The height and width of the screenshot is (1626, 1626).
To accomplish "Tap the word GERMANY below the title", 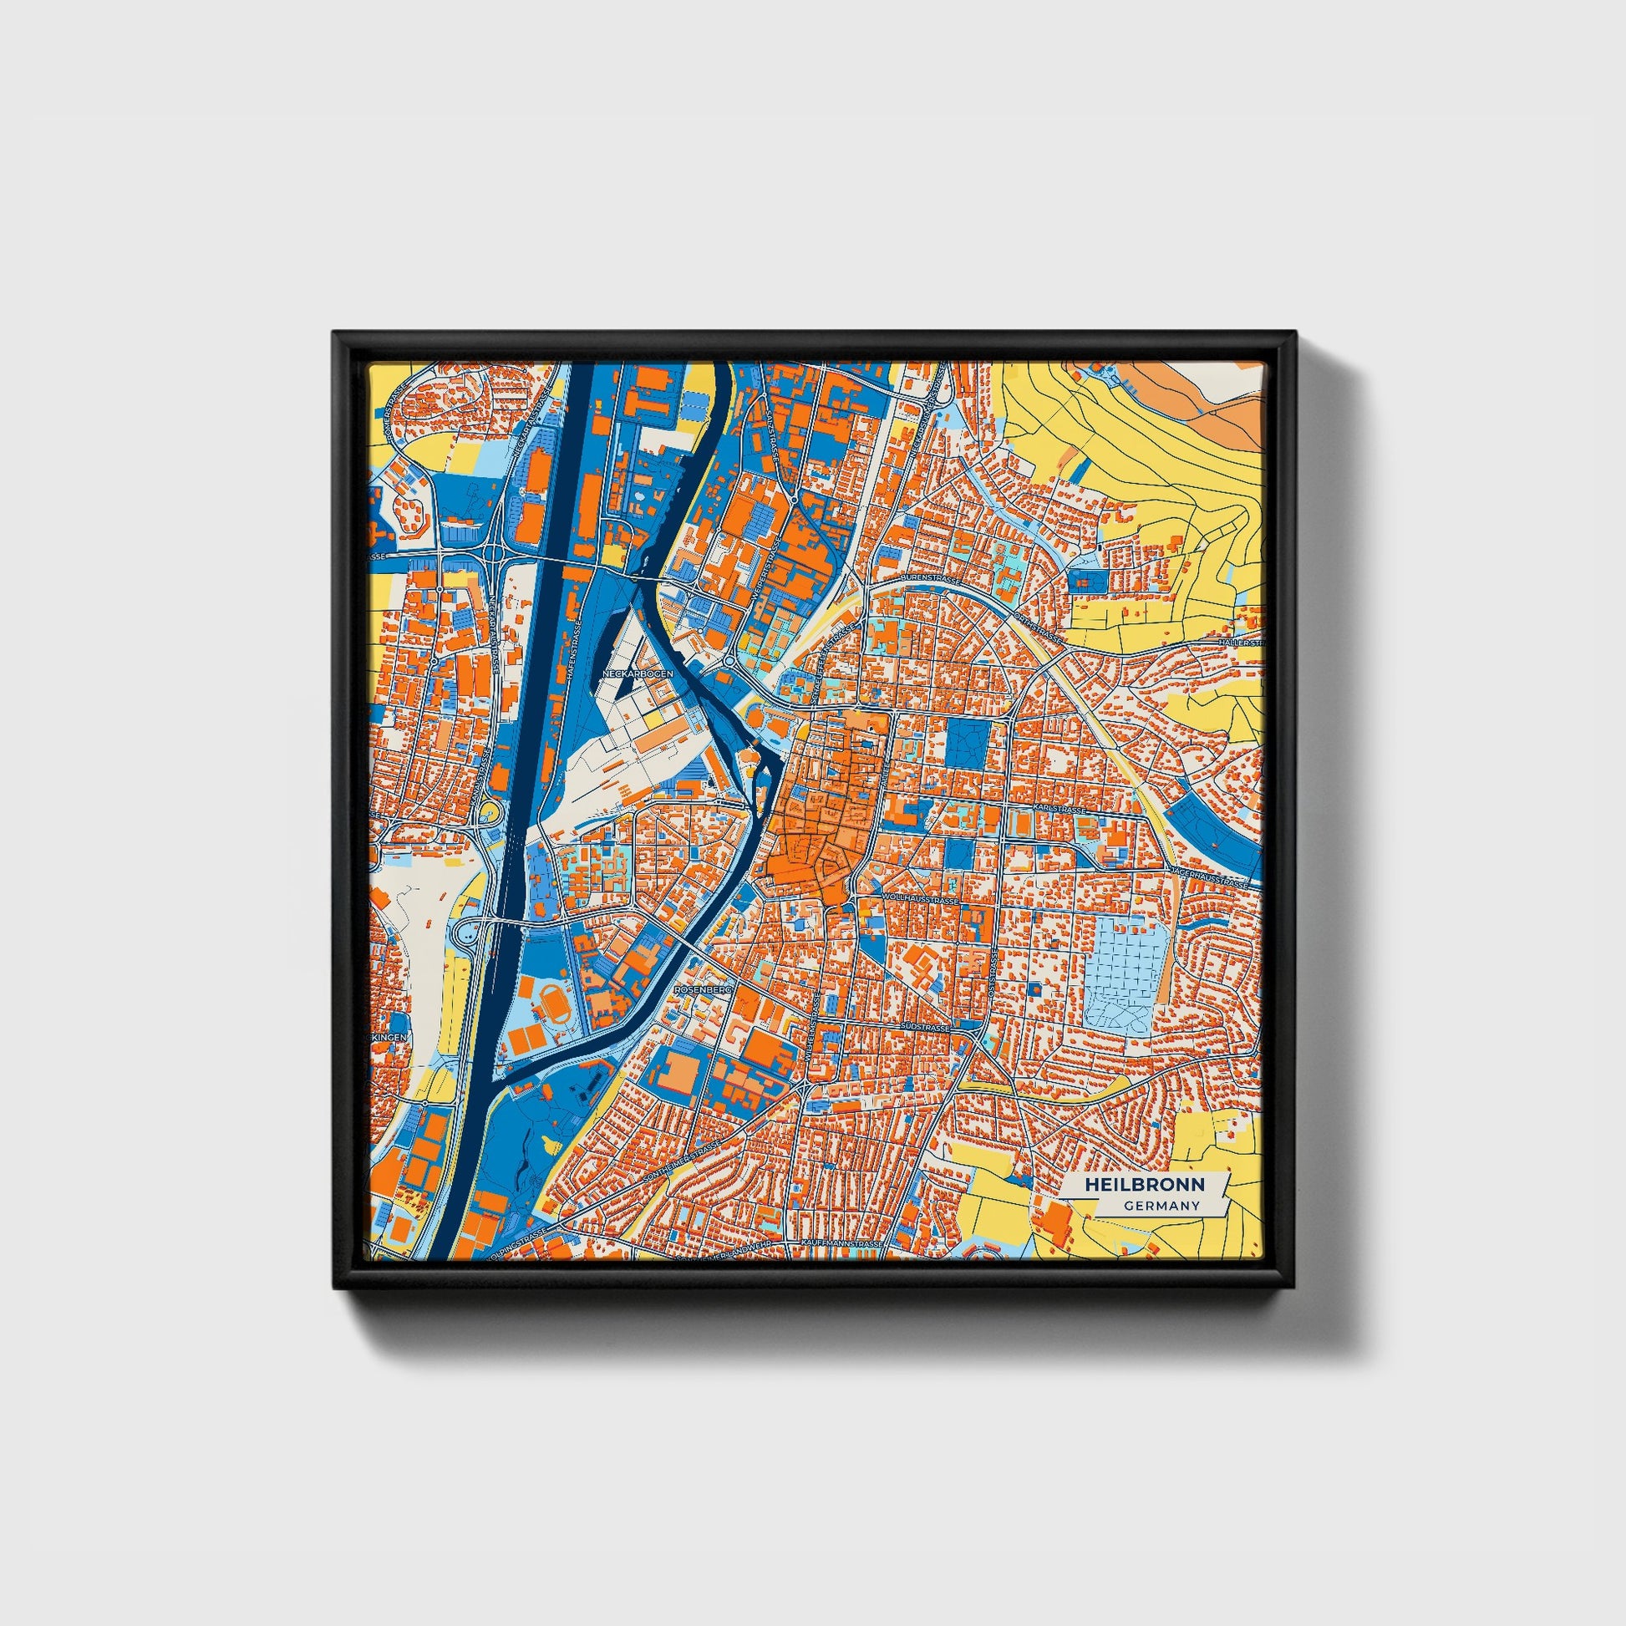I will [x=1161, y=1205].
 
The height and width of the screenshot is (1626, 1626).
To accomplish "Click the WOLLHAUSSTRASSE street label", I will [x=920, y=900].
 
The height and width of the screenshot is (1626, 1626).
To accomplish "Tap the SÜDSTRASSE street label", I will [x=925, y=1029].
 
